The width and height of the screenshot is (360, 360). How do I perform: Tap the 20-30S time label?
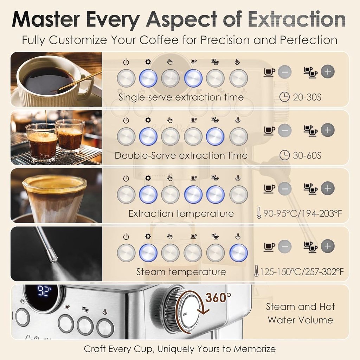click(x=307, y=97)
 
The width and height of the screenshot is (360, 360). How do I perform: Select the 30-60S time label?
click(x=307, y=155)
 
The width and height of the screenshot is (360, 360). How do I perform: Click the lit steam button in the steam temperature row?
click(x=238, y=253)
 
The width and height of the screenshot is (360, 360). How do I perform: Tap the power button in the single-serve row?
click(x=126, y=78)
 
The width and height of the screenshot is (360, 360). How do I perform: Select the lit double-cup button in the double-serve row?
click(x=215, y=136)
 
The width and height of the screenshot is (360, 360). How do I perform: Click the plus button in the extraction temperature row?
click(x=328, y=188)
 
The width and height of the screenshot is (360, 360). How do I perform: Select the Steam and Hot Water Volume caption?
click(x=300, y=313)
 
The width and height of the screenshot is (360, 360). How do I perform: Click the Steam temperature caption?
click(x=181, y=272)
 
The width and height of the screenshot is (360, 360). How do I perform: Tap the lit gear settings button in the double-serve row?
click(x=148, y=136)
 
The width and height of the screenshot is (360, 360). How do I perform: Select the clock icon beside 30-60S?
click(x=285, y=155)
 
